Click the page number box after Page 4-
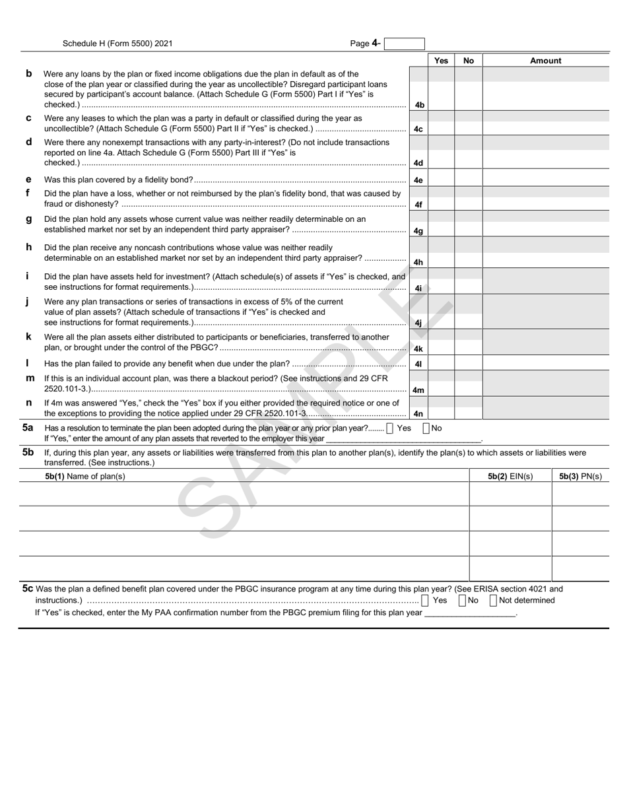404,44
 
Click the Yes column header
441,61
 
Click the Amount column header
545,61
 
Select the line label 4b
418,105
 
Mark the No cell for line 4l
468,364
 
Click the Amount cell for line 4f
545,205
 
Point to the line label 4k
418,349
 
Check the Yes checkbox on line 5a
390,428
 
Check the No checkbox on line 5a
426,428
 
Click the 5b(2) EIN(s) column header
510,476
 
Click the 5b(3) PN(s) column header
580,476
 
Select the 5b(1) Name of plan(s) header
85,476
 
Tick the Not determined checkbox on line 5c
494,600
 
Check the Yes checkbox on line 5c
425,600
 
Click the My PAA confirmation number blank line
470,613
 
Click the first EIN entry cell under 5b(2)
510,494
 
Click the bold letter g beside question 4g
28,219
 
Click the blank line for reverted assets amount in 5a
403,439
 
